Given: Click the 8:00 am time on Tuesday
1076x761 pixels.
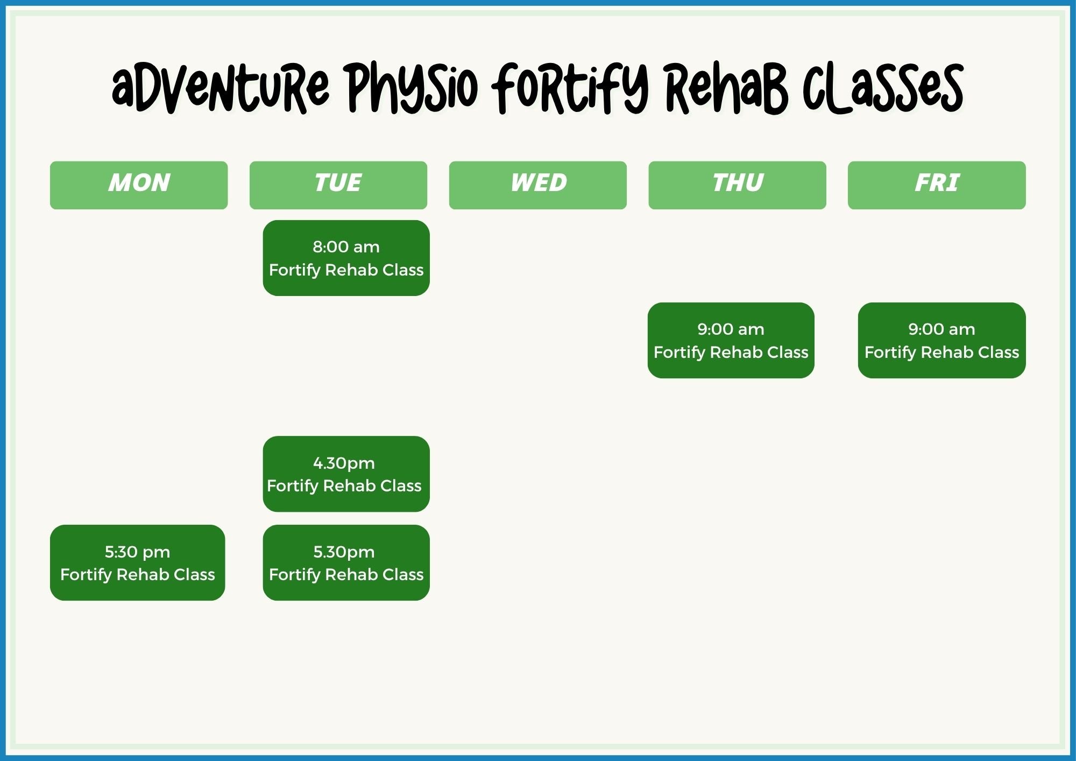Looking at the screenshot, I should pos(346,247).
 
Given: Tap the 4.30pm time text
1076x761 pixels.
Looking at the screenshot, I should pos(344,463).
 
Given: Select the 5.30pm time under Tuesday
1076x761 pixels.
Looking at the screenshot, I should pos(344,552).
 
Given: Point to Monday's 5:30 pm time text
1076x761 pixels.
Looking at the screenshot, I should pos(137,552).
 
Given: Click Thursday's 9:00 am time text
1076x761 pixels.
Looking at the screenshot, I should pos(731,329).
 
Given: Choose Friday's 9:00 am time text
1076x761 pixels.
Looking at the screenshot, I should pos(942,329).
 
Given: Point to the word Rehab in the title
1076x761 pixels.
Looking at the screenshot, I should pos(726,88).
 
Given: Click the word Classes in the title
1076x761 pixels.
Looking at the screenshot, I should pos(882,88).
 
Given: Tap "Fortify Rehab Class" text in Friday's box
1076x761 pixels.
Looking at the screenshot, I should pos(942,353).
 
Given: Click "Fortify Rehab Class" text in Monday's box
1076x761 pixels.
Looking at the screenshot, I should pos(137,575).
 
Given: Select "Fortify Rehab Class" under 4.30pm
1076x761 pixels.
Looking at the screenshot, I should pos(344,486).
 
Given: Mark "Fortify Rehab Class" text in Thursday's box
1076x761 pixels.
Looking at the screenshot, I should pos(731,353).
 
